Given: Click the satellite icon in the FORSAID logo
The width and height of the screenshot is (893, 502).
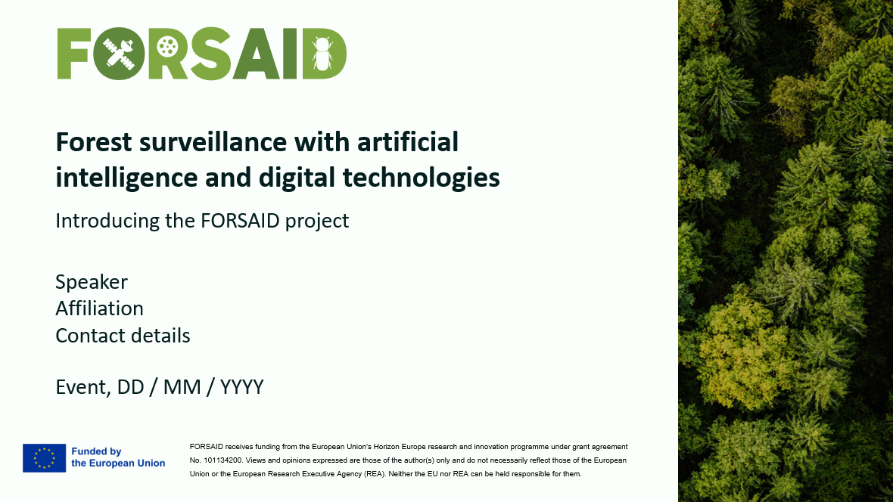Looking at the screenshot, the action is [119, 54].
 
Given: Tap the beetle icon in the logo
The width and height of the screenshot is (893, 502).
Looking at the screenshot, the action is [322, 54].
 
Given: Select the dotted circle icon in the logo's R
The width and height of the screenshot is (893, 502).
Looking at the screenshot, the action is [167, 46].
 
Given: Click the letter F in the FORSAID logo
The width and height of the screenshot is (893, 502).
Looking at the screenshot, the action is [74, 54].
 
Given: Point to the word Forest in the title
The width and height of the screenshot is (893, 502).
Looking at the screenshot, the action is [94, 141].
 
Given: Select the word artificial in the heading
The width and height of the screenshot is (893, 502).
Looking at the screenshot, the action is [408, 141].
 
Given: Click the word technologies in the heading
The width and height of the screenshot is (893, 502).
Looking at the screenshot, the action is [421, 178].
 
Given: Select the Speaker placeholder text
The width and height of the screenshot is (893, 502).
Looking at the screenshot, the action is [92, 282].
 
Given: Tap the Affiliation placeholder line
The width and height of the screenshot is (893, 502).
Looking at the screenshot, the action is [100, 308].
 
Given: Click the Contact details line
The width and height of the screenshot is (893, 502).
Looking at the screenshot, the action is [123, 336].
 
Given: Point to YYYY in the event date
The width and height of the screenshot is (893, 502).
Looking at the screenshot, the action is [242, 387].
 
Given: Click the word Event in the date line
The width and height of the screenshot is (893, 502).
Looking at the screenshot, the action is [83, 388].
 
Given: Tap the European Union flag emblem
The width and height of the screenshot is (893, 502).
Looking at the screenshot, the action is [45, 458].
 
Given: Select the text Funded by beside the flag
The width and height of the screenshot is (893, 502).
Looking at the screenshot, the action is [96, 451].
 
